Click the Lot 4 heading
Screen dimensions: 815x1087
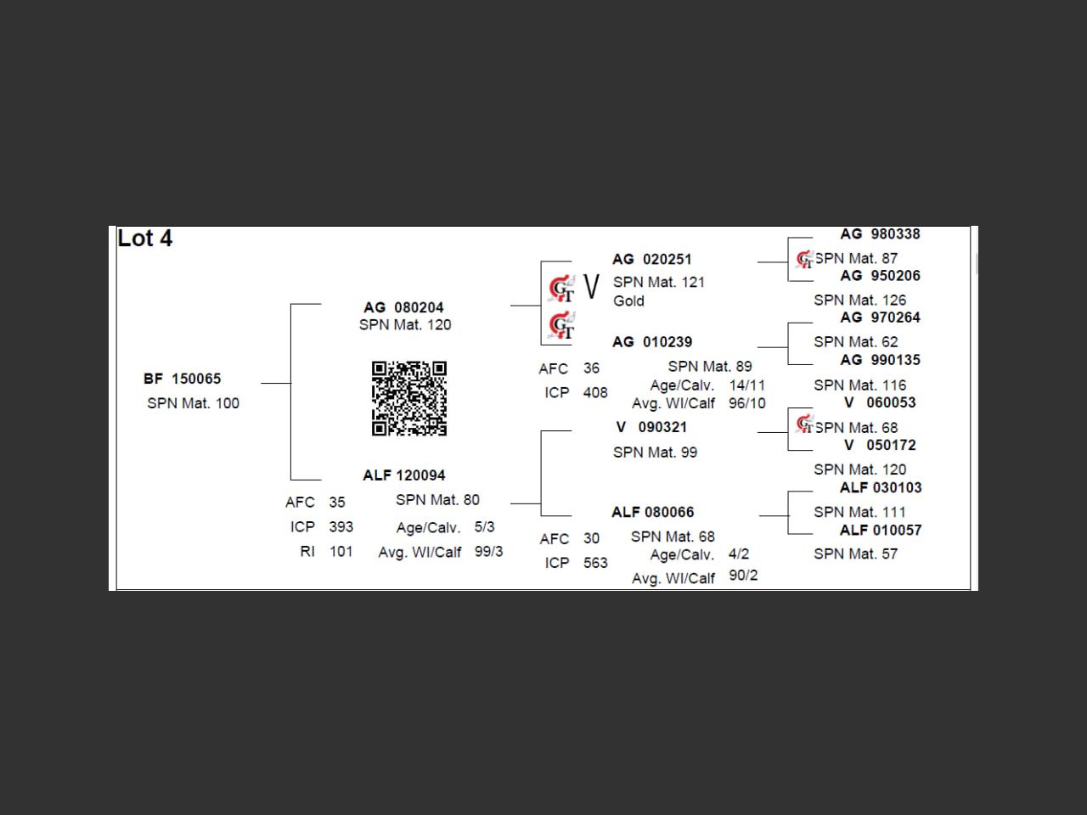[x=145, y=239]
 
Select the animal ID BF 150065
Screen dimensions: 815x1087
[x=183, y=379]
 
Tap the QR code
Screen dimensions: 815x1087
[x=409, y=398]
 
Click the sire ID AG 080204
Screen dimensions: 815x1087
[x=403, y=307]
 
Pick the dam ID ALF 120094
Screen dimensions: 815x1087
[x=403, y=475]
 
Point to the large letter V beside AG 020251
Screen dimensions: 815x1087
[x=592, y=287]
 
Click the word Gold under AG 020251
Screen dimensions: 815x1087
[x=628, y=301]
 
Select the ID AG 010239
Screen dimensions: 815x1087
[x=652, y=342]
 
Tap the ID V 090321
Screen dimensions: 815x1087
[x=651, y=427]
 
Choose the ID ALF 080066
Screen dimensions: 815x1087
[x=652, y=512]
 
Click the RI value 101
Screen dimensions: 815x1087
[x=341, y=551]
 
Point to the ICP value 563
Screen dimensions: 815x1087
[x=595, y=562]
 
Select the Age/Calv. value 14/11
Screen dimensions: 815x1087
[x=746, y=385]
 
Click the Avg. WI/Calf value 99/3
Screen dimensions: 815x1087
[x=488, y=551]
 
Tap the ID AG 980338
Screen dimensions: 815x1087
[x=880, y=234]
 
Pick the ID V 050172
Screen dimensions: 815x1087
[x=880, y=445]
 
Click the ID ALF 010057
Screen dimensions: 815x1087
[x=880, y=530]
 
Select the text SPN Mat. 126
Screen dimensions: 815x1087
[x=859, y=301]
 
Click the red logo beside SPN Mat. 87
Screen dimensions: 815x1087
[x=804, y=259]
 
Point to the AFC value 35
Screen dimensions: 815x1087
[x=337, y=502]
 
